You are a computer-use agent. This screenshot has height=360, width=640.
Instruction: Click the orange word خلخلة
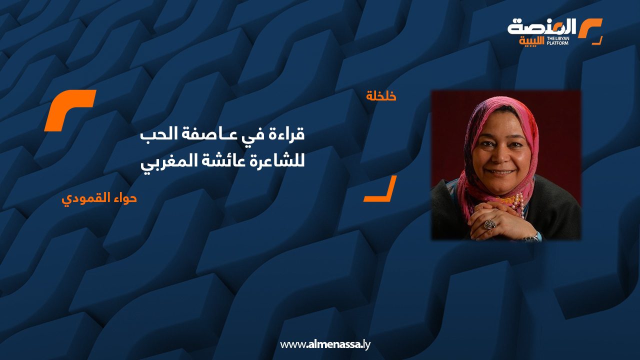381,96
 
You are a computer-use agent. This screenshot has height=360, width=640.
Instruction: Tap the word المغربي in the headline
164,163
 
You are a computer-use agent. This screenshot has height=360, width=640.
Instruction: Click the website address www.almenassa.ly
325,344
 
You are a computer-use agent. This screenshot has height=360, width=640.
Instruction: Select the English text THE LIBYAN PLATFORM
557,41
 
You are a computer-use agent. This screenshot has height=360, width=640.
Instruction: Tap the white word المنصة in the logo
541,27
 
